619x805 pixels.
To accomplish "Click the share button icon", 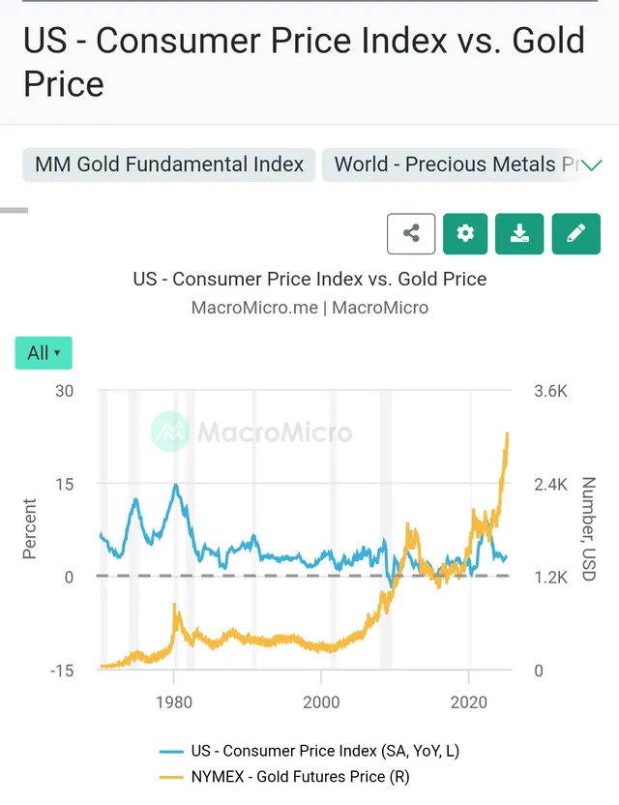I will coord(411,233).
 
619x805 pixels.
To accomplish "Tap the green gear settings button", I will coord(465,233).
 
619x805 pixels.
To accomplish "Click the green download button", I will coord(519,233).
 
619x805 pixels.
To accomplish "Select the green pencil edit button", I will coord(575,233).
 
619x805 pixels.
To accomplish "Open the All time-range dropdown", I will coord(44,353).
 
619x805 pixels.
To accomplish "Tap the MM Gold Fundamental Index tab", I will coord(169,164).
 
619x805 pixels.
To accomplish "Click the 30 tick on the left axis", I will coord(64,391).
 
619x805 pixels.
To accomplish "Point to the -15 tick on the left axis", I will coord(61,671).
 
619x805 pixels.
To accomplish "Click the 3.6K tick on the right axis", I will coord(550,391).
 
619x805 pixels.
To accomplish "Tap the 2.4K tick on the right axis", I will coord(550,485).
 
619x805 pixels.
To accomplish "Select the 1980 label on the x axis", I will coord(174,701).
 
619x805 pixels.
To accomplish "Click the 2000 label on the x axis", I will coord(322,701).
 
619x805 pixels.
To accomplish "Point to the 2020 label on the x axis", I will coord(470,701).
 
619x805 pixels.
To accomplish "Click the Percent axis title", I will coord(29,528).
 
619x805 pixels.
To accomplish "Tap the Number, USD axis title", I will coord(587,528).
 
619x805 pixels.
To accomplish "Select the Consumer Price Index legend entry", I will coord(316,750).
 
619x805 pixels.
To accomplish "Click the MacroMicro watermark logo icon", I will coord(170,432).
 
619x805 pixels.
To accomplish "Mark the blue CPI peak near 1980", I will coord(175,485).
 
